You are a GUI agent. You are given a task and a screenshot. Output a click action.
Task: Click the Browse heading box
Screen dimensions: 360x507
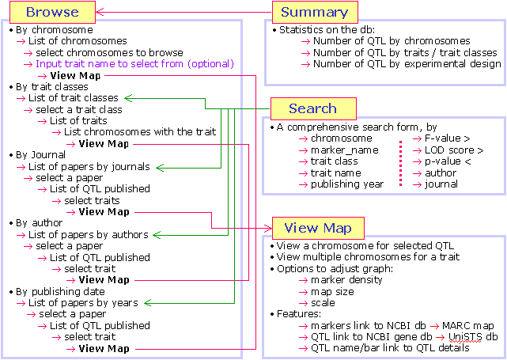(52, 12)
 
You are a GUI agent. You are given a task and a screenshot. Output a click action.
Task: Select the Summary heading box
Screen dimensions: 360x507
(314, 12)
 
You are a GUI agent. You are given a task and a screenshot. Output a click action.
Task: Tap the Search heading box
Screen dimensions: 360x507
(313, 108)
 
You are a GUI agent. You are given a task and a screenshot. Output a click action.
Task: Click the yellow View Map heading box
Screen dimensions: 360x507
(318, 229)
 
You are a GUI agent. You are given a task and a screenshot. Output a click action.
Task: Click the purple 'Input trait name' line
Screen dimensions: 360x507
(134, 63)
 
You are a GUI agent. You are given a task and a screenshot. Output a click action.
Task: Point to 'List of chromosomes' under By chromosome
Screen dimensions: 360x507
(78, 40)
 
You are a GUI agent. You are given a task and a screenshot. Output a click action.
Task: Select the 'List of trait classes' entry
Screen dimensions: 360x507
(74, 98)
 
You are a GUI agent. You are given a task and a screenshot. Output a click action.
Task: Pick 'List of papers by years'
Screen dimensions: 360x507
(83, 303)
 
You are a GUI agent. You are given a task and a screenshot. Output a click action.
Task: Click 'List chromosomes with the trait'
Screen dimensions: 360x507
(139, 132)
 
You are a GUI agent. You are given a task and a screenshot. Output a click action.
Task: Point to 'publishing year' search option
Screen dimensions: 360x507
(347, 184)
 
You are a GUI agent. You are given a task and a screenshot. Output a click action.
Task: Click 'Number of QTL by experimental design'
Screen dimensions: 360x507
(407, 63)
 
